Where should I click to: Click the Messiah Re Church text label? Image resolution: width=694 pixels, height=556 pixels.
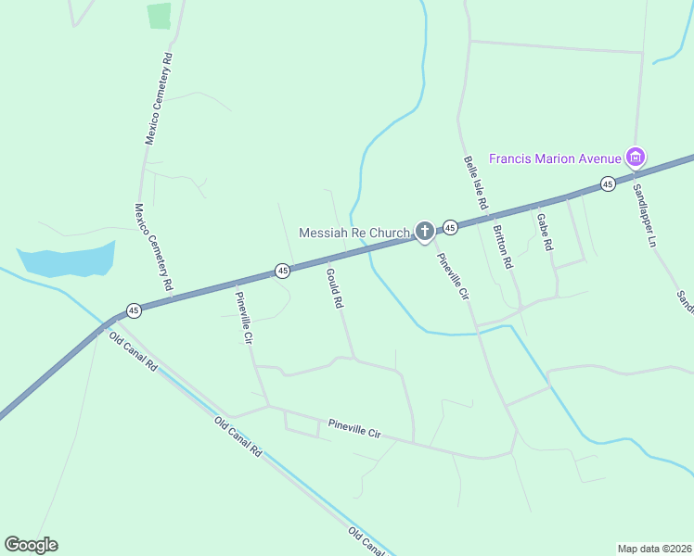pyautogui.click(x=353, y=232)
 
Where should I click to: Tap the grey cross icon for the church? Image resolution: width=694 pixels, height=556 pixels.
pyautogui.click(x=424, y=231)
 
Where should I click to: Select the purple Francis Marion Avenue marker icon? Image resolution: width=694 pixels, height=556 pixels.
pyautogui.click(x=635, y=158)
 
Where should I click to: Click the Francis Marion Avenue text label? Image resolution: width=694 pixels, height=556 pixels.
pyautogui.click(x=555, y=158)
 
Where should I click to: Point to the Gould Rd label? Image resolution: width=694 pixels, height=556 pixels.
pyautogui.click(x=335, y=288)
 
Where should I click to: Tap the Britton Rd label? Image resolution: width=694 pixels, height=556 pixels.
pyautogui.click(x=503, y=246)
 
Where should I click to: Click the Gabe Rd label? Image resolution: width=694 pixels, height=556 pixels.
pyautogui.click(x=545, y=232)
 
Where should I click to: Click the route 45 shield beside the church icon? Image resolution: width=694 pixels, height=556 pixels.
pyautogui.click(x=450, y=227)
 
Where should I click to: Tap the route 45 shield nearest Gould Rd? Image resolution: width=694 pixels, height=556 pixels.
pyautogui.click(x=283, y=271)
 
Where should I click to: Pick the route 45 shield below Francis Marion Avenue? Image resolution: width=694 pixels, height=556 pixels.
pyautogui.click(x=607, y=183)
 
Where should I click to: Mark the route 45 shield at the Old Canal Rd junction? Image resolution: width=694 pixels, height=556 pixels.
pyautogui.click(x=134, y=310)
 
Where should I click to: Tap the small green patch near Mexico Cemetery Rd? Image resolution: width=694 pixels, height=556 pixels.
pyautogui.click(x=159, y=16)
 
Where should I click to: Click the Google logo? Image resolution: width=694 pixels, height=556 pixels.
pyautogui.click(x=31, y=545)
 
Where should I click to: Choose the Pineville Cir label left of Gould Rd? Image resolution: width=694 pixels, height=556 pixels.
pyautogui.click(x=243, y=318)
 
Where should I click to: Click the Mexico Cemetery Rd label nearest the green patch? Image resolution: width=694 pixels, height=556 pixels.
pyautogui.click(x=159, y=98)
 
